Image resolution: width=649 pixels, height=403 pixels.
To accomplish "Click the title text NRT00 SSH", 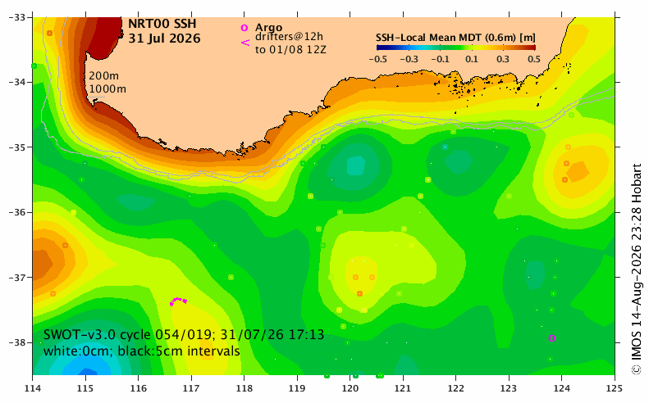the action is (x=162, y=24).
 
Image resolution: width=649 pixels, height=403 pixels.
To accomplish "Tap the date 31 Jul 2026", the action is (x=164, y=38).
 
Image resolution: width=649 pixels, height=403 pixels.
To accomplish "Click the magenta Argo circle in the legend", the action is (x=245, y=28).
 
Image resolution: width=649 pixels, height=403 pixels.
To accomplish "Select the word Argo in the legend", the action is (x=268, y=28).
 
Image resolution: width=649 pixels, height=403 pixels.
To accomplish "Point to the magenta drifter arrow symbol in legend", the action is (x=245, y=42).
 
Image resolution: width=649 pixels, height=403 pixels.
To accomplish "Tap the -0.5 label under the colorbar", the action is (x=377, y=59).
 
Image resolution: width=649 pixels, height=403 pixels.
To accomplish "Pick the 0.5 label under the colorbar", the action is (x=534, y=59).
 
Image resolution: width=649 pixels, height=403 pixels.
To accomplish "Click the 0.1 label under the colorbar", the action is (x=472, y=59).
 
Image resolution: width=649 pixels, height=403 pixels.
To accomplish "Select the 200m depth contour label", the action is (x=104, y=76).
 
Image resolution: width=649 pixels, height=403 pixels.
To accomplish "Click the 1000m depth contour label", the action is (x=107, y=88).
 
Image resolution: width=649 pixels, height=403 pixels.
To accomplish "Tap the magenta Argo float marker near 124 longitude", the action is (x=551, y=338).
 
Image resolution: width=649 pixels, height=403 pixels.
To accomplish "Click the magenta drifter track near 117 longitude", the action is (x=178, y=299).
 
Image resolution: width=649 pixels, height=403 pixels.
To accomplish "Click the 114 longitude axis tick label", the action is (x=32, y=388).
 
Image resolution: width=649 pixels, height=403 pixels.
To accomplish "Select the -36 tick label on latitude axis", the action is (x=17, y=212).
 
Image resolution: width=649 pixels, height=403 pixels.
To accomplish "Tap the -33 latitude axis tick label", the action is (x=17, y=17).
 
